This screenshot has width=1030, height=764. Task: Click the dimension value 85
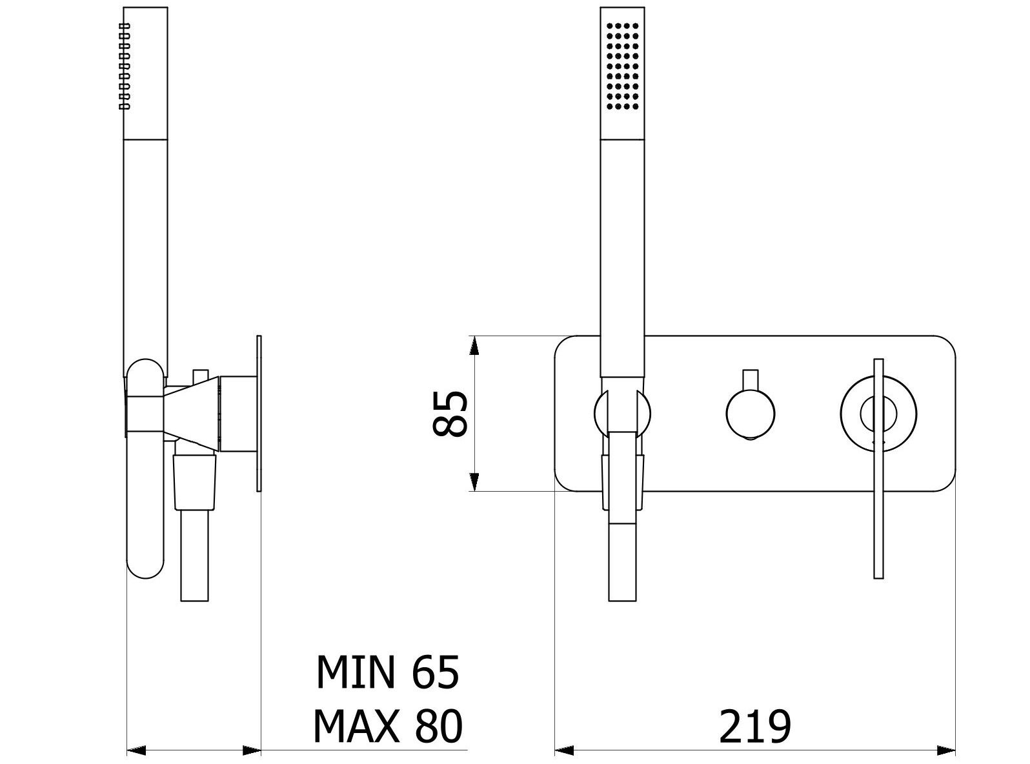[x=450, y=414]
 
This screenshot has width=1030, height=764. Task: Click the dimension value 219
[x=754, y=727]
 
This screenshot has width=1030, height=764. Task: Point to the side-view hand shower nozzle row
[x=125, y=65]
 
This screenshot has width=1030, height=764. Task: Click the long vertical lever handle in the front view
[x=878, y=516]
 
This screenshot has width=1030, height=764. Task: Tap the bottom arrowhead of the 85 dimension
[x=474, y=481]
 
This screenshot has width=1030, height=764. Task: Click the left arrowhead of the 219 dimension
[x=565, y=750]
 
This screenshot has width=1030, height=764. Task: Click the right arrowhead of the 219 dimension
[x=946, y=750]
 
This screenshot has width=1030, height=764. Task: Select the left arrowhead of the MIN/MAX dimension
[x=136, y=750]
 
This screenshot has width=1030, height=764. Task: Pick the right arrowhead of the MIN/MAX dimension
[x=252, y=750]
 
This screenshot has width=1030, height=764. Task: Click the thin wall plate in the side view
[x=259, y=413]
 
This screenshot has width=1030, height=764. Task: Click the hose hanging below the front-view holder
[x=623, y=561]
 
